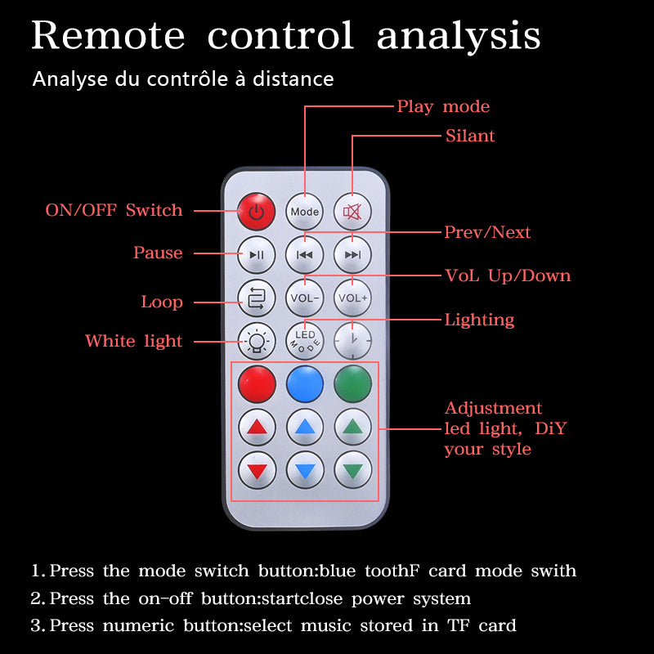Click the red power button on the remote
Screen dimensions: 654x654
coord(257,212)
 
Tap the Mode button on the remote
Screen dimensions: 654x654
coord(305,212)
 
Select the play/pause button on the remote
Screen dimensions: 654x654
coord(257,254)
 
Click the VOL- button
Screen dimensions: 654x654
coord(305,298)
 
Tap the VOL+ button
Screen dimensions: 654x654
coord(353,298)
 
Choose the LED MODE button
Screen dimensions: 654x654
coord(305,340)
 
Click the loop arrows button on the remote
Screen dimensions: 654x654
coord(257,298)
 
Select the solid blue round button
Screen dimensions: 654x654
coord(305,383)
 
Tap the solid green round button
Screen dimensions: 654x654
coord(353,383)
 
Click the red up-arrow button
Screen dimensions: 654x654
coord(257,426)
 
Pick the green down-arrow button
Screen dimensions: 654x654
coord(353,469)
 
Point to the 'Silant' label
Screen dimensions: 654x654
coord(470,136)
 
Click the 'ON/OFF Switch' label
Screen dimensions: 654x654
coord(114,210)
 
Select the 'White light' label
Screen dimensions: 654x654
coord(133,341)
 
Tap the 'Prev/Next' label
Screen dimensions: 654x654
coord(487,232)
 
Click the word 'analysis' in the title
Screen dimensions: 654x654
coord(459,36)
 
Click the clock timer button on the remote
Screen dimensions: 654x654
coord(353,340)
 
